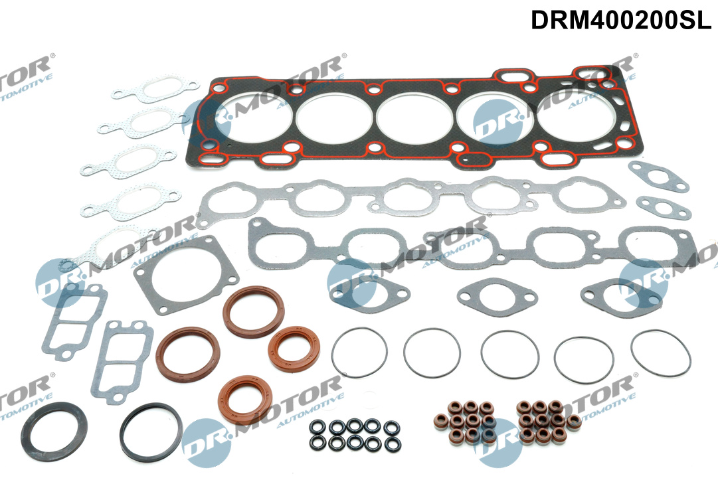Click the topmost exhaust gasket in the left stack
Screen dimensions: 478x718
155,89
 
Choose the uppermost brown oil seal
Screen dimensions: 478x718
253,311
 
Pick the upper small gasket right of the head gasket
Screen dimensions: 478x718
660,177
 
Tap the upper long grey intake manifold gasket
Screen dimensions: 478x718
412,197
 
